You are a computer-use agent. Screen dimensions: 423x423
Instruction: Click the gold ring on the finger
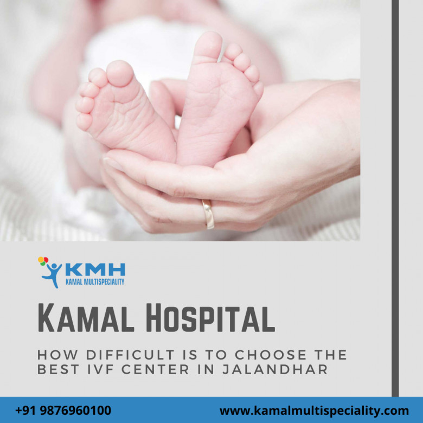[208, 214]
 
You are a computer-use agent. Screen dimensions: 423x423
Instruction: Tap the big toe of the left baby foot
[120, 73]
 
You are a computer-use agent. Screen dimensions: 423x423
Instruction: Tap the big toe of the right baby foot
[208, 47]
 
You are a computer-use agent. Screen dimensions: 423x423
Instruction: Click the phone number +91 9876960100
[63, 411]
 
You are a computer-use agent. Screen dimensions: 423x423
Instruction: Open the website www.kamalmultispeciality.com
[314, 411]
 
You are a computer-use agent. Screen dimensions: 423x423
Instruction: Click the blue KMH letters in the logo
[95, 269]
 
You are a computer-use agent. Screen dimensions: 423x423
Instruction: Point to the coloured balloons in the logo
[43, 261]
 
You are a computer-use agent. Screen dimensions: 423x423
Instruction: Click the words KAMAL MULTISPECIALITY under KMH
[95, 281]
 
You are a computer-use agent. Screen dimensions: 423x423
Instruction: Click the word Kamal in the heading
[86, 317]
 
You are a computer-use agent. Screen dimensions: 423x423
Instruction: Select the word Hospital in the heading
[210, 317]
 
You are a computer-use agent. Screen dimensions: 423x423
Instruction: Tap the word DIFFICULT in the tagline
[130, 355]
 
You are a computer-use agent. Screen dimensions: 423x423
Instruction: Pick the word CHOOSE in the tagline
[271, 355]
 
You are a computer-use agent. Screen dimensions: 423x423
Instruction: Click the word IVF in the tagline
[100, 369]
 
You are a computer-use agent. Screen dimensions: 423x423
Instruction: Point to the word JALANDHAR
[275, 369]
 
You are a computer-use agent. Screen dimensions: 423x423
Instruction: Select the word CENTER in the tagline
[155, 369]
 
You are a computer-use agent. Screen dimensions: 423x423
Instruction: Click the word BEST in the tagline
[58, 369]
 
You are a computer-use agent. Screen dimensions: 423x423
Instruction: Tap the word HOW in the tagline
[57, 355]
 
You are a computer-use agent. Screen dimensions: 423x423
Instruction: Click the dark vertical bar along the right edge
[395, 198]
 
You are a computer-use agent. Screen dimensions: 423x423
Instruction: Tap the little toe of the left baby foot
[84, 122]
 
